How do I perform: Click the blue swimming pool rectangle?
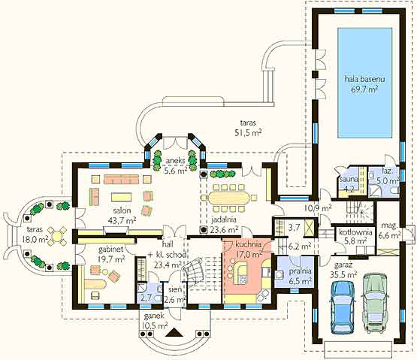(364, 83)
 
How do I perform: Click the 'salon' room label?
(122, 210)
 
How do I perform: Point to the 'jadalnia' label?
(224, 219)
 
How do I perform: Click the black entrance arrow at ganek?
(174, 332)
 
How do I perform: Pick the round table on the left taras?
(57, 235)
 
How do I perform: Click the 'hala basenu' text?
(364, 79)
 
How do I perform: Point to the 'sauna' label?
(349, 180)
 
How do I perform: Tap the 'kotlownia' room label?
(355, 232)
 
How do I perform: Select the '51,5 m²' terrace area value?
(248, 132)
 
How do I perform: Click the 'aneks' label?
(175, 161)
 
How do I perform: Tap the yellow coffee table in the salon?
(121, 197)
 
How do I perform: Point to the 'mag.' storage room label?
(389, 225)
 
